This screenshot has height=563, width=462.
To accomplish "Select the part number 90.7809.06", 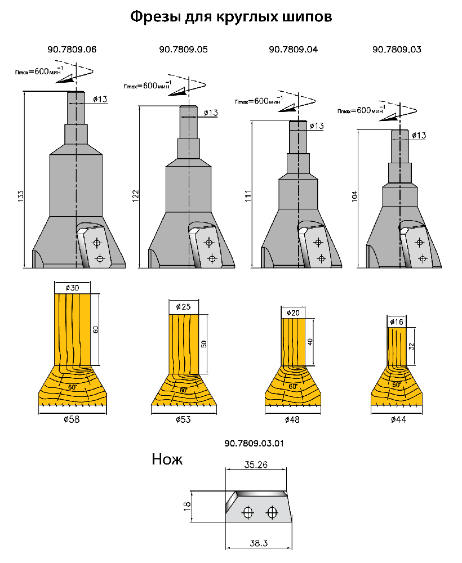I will [x=73, y=50].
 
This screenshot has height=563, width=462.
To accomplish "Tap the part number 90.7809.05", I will [x=184, y=50].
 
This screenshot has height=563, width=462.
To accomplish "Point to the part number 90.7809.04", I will [x=293, y=50].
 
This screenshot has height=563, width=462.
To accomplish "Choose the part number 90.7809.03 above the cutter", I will [x=397, y=50].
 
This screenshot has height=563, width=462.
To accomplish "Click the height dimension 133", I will [x=21, y=196].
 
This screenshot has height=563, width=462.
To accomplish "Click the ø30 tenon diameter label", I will [x=72, y=288].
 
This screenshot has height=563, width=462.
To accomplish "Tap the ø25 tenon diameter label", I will [x=184, y=307].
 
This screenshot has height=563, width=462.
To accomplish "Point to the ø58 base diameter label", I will [x=72, y=420].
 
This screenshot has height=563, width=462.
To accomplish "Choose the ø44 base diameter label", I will [x=397, y=420].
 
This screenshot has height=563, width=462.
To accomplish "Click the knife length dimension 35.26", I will [x=256, y=465].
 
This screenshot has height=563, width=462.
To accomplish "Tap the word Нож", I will [x=167, y=459].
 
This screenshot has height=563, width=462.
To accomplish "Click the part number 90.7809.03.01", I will [x=254, y=443].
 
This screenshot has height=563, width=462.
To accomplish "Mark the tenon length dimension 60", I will [x=96, y=329].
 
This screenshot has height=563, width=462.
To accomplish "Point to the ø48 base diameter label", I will [x=292, y=420].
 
